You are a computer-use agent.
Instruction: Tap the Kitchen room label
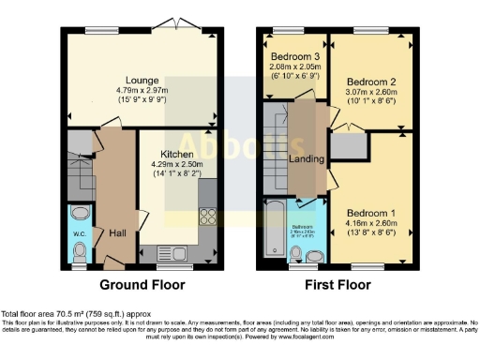[177, 154]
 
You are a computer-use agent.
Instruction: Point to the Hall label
[117, 232]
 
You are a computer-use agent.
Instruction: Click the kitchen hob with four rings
[207, 217]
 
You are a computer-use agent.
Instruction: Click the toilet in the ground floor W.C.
[81, 250]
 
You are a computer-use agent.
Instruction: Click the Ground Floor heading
[142, 284]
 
